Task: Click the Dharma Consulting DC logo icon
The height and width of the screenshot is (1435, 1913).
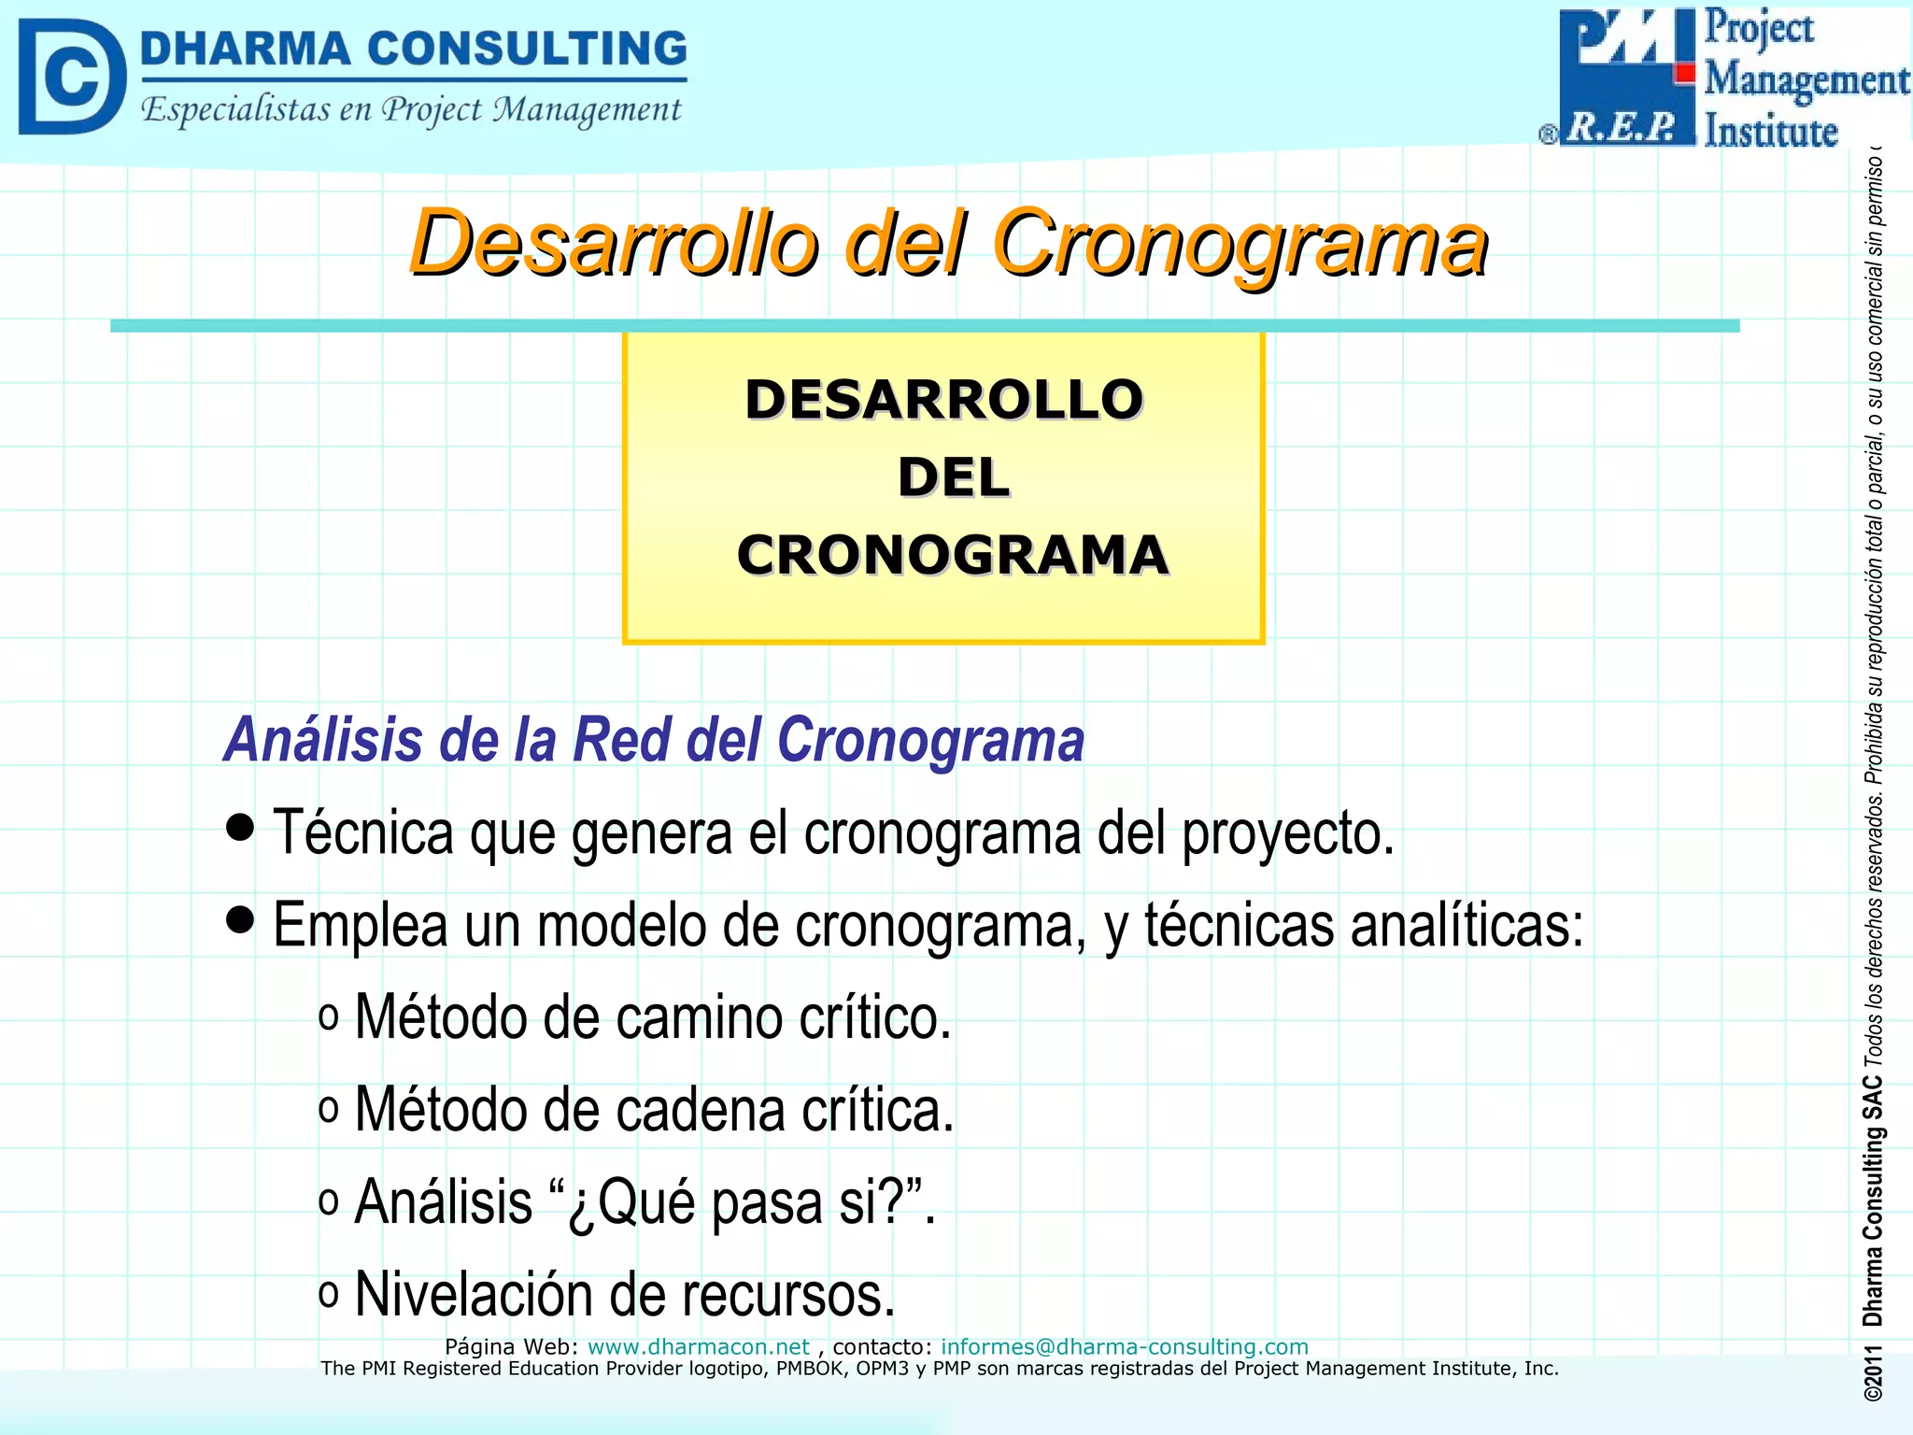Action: (72, 77)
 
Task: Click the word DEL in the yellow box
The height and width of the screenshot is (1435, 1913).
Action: (953, 477)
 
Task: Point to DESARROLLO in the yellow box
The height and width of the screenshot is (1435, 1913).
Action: (943, 400)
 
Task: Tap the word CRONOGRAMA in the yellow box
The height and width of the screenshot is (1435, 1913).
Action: (952, 555)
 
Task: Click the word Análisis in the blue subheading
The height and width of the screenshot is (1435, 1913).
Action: (324, 740)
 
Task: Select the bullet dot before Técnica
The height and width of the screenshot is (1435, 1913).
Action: (240, 827)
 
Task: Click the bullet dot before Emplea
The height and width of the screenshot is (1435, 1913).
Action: (240, 919)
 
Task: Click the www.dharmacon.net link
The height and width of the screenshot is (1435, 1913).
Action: (698, 1347)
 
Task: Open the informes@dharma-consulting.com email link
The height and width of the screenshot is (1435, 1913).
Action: (1124, 1347)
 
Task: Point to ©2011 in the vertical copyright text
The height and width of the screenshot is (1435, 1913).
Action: (1872, 1373)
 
